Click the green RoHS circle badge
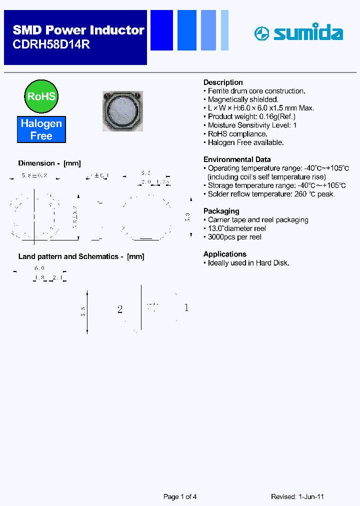coord(41,96)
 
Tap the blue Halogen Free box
coord(41,129)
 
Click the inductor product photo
coord(122,111)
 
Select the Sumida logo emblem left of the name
coord(261,34)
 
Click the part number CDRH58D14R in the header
coord(51,44)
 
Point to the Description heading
coord(223,82)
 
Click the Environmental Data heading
coord(237,159)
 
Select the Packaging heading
coord(221,211)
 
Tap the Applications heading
coord(224,254)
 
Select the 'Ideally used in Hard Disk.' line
coord(248,263)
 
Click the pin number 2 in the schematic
coord(120,309)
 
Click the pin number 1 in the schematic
coord(186,308)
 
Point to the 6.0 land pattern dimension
coord(39,268)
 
